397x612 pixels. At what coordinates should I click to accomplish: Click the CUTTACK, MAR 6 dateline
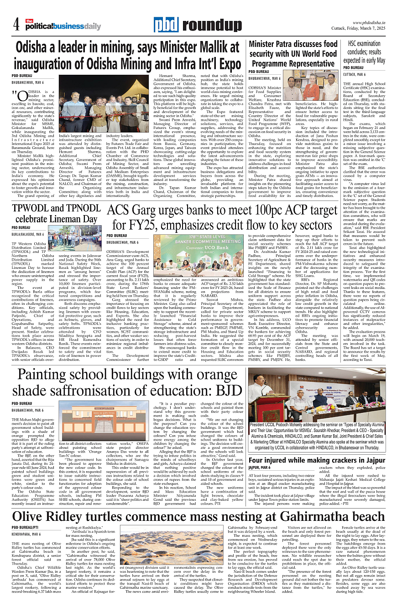click(355, 74)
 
